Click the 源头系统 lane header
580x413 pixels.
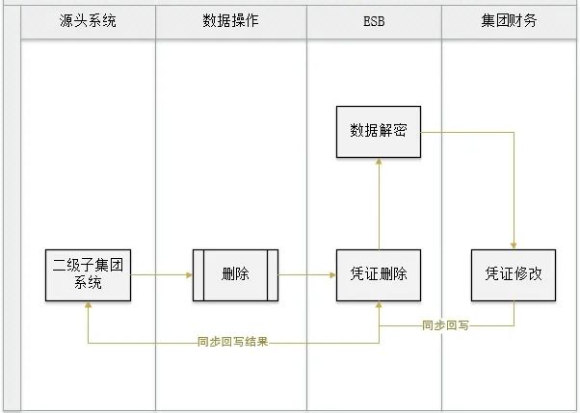pos(88,20)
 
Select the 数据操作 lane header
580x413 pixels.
pos(230,20)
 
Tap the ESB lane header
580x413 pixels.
pos(375,20)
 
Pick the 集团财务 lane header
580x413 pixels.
pos(510,20)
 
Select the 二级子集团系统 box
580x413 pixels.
pos(88,274)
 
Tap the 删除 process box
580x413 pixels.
pos(235,274)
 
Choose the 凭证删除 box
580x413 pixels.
pos(379,274)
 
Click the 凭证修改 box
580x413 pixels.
pos(514,274)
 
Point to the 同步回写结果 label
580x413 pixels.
pos(232,341)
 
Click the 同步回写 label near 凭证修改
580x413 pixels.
pos(445,325)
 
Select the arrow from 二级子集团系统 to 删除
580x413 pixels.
pos(161,274)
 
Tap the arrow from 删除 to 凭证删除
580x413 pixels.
pos(306,274)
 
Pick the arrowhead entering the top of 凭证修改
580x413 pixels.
pos(514,245)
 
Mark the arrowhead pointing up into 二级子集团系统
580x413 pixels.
pos(88,304)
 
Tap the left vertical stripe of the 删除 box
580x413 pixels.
pos(198,274)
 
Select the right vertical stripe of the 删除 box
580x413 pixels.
pos(273,274)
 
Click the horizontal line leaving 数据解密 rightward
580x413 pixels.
pos(467,131)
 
